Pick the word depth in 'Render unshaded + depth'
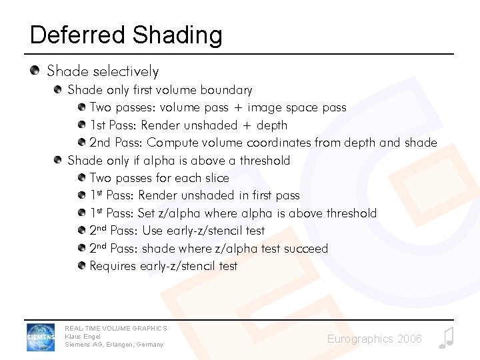pos(272,125)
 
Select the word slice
pos(216,178)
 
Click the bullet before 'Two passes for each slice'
pos(81,178)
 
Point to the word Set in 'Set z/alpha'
pos(146,213)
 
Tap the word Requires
pos(113,266)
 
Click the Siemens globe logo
pos(41,337)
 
